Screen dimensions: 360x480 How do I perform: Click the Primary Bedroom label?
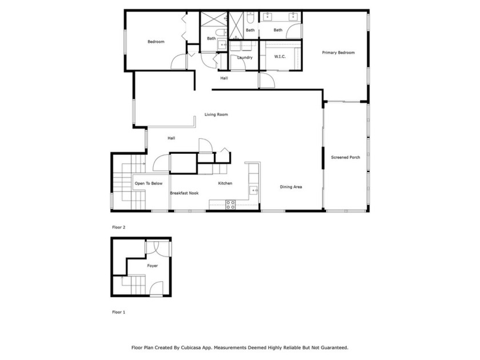point(338,53)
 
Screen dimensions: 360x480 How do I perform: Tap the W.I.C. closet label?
point(280,57)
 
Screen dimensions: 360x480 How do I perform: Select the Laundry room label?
point(245,58)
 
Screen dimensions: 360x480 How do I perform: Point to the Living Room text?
point(216,115)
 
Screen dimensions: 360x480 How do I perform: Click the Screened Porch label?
point(346,157)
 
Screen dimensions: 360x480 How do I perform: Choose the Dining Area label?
point(290,187)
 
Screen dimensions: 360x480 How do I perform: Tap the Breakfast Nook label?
point(184,193)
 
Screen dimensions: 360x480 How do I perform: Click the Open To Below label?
point(149,183)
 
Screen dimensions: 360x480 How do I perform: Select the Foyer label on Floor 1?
point(152,266)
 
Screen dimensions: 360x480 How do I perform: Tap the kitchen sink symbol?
point(254,190)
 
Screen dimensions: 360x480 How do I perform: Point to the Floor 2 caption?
point(118,227)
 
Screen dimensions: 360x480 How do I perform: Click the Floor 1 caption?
point(118,313)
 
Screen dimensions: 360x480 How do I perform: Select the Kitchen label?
point(225,183)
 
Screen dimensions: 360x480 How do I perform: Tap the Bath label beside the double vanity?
point(278,30)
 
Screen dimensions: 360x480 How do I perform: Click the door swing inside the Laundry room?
point(237,62)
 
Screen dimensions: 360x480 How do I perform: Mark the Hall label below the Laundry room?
point(224,78)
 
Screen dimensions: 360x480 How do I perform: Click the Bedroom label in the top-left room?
point(155,42)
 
